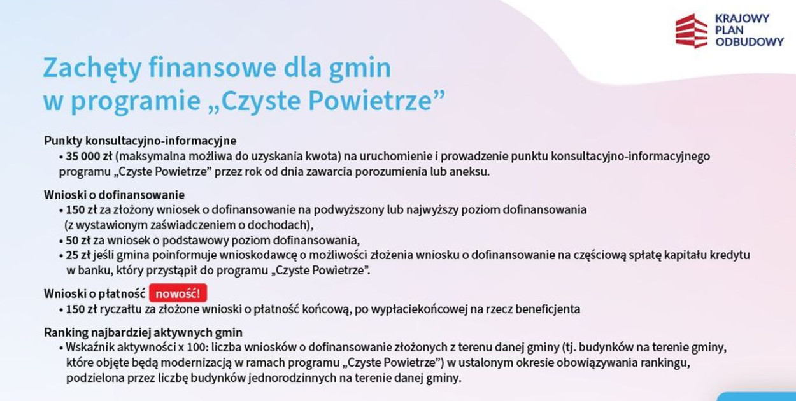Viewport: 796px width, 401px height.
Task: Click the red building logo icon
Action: [691, 31]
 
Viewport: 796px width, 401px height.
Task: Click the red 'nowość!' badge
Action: [178, 293]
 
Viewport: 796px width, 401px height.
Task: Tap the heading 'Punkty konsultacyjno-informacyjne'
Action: [140, 141]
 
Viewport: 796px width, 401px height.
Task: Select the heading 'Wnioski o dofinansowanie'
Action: [114, 195]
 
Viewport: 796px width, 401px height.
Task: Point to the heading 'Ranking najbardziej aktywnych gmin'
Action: [143, 333]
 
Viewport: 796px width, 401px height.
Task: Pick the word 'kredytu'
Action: [730, 255]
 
